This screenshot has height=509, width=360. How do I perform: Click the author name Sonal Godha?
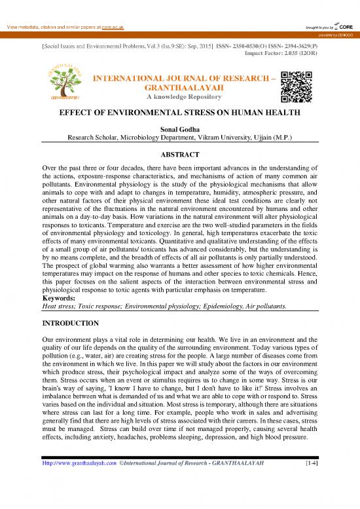[180, 129]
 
